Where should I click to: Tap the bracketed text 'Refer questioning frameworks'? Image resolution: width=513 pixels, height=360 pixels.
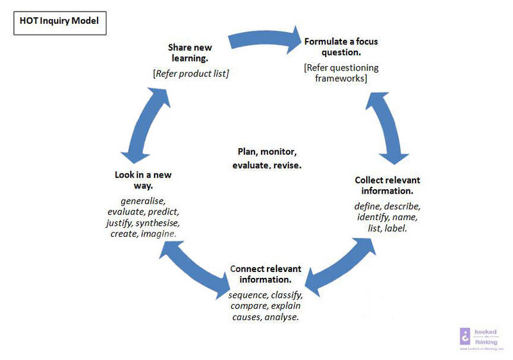[x=341, y=73]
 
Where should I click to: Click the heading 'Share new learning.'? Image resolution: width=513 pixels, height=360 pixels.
[x=190, y=53]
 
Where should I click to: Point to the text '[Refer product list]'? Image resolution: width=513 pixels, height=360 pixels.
[x=190, y=73]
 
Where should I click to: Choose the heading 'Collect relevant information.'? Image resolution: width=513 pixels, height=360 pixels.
[x=387, y=185]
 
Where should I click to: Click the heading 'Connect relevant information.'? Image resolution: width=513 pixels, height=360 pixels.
[x=265, y=274]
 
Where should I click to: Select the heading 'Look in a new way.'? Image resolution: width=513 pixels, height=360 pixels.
[x=143, y=180]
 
